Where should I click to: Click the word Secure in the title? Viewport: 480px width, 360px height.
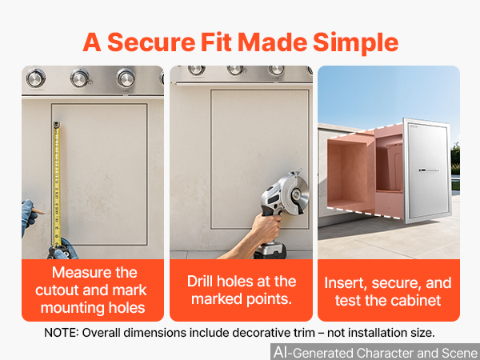point(151,42)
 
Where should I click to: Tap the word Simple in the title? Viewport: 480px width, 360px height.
point(355,43)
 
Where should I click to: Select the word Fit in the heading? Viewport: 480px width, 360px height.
point(216,42)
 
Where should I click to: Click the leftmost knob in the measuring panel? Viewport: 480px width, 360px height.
point(36,78)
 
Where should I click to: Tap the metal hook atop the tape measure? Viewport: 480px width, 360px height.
point(57,124)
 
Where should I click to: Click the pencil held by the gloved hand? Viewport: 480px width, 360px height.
point(38,211)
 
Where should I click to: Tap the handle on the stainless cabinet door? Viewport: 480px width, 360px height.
point(429,170)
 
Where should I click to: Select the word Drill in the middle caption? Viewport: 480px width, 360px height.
point(200,281)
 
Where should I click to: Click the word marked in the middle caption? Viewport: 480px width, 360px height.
point(217,298)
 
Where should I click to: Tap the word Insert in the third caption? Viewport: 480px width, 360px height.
point(346,283)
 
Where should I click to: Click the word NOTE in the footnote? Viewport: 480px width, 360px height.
point(62,333)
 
